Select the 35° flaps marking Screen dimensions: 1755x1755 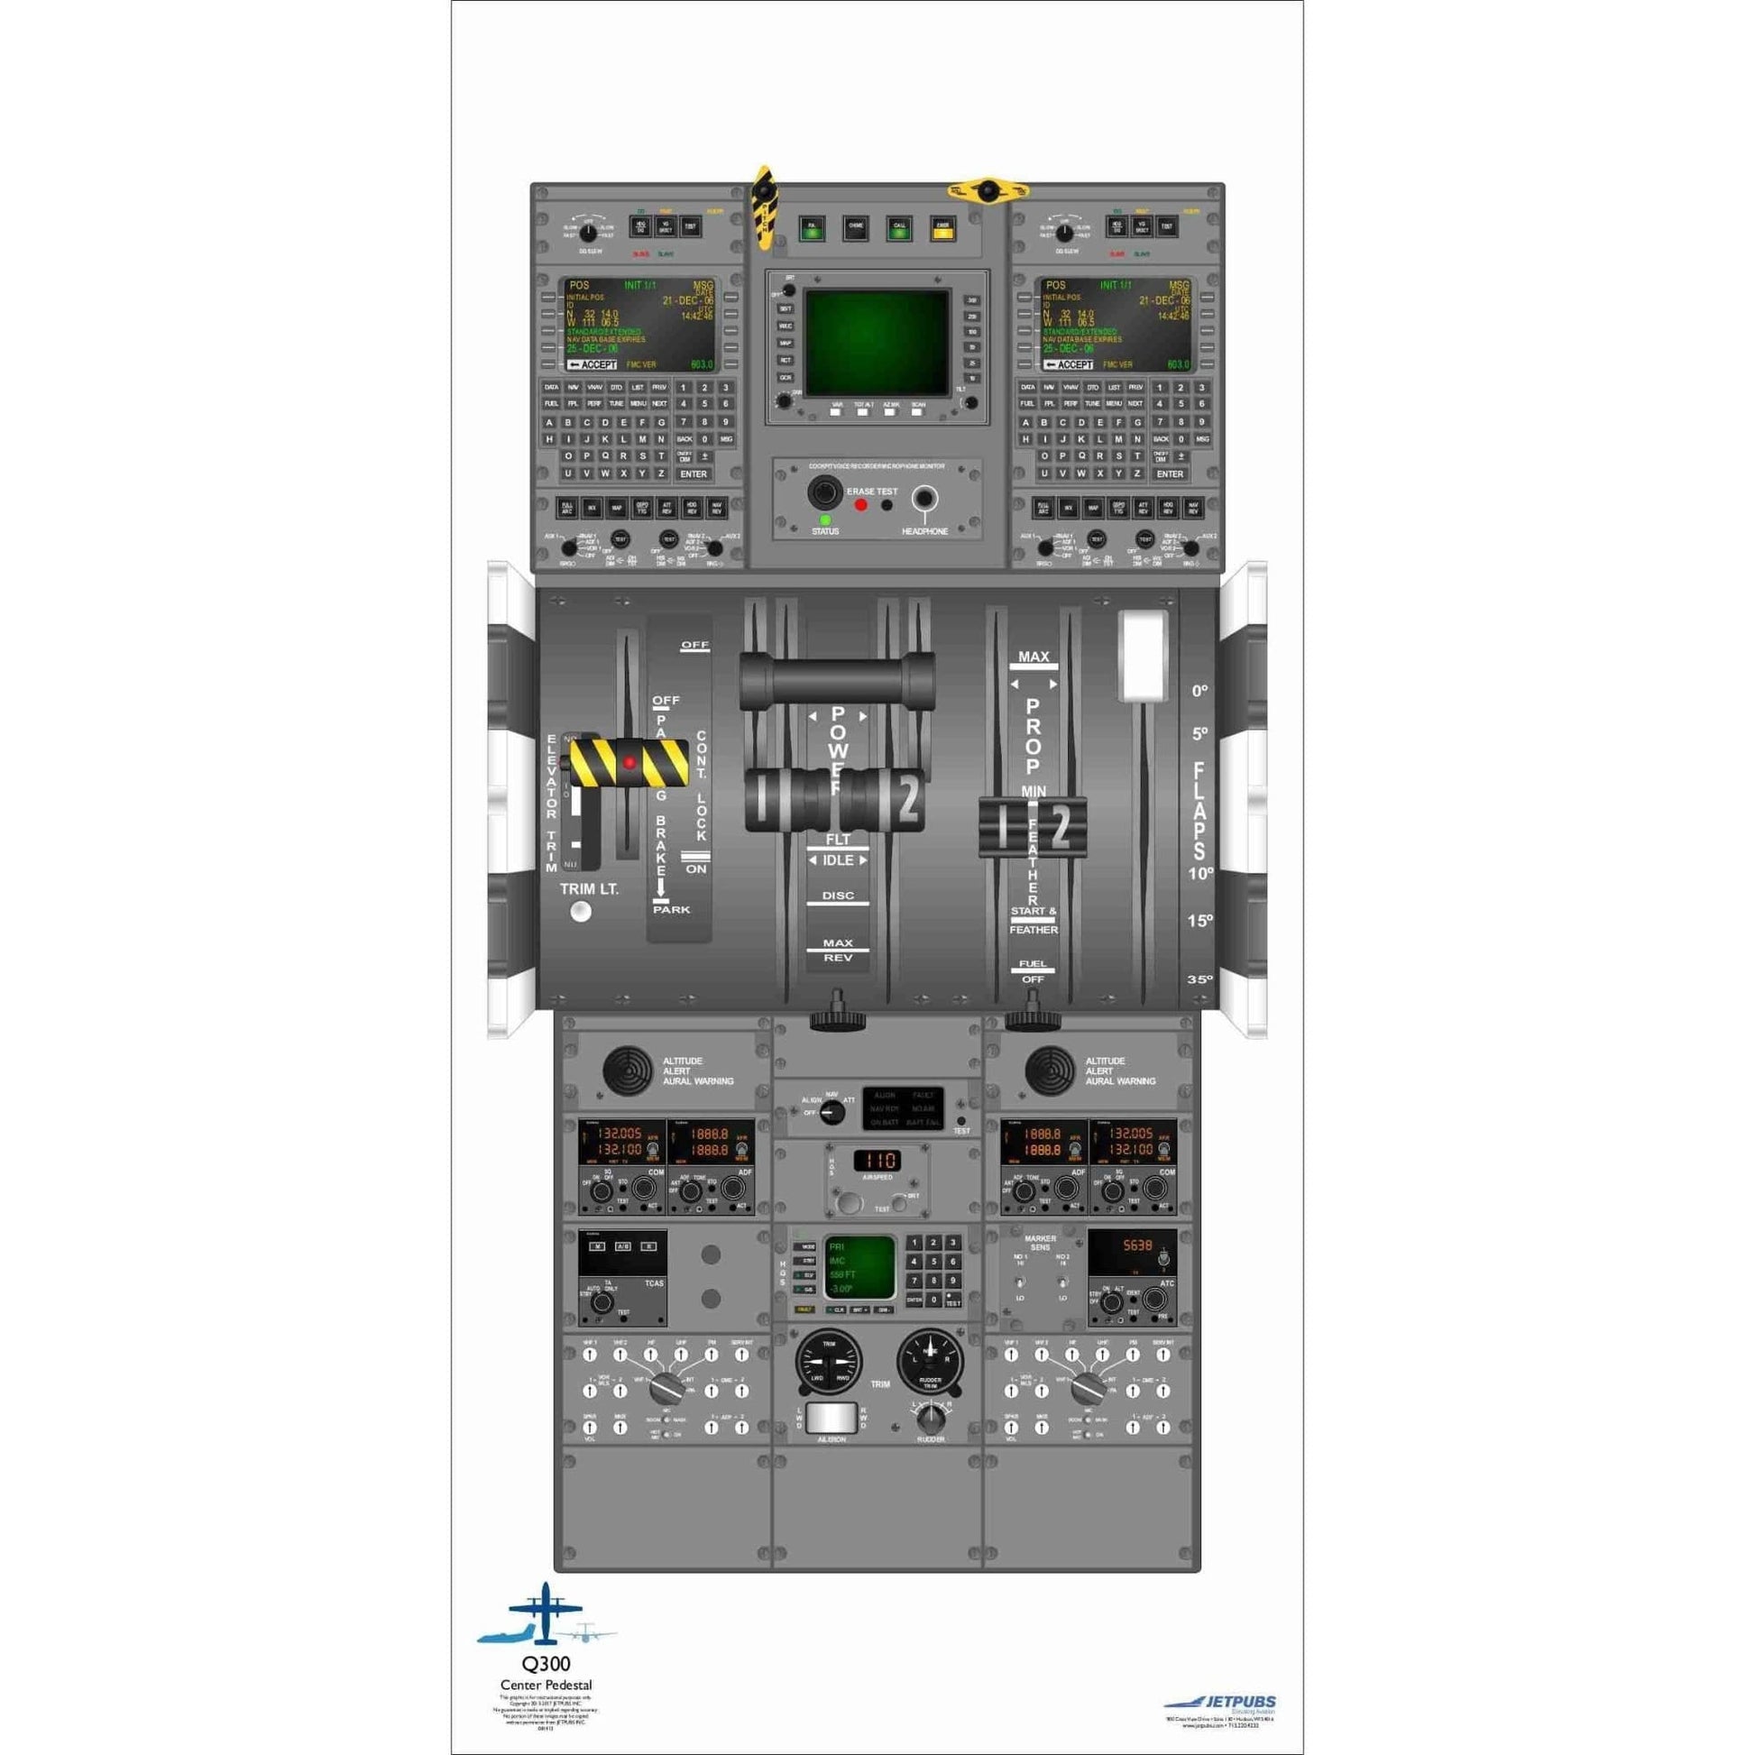click(x=1199, y=979)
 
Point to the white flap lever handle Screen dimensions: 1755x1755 click(x=1144, y=656)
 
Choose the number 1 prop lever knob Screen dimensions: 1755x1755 click(x=1004, y=828)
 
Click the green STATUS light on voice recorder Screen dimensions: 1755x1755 click(x=825, y=519)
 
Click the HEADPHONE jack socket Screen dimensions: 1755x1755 click(x=924, y=498)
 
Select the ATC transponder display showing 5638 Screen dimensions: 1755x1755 click(x=1132, y=1247)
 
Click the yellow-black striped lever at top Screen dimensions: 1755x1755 click(x=766, y=208)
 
